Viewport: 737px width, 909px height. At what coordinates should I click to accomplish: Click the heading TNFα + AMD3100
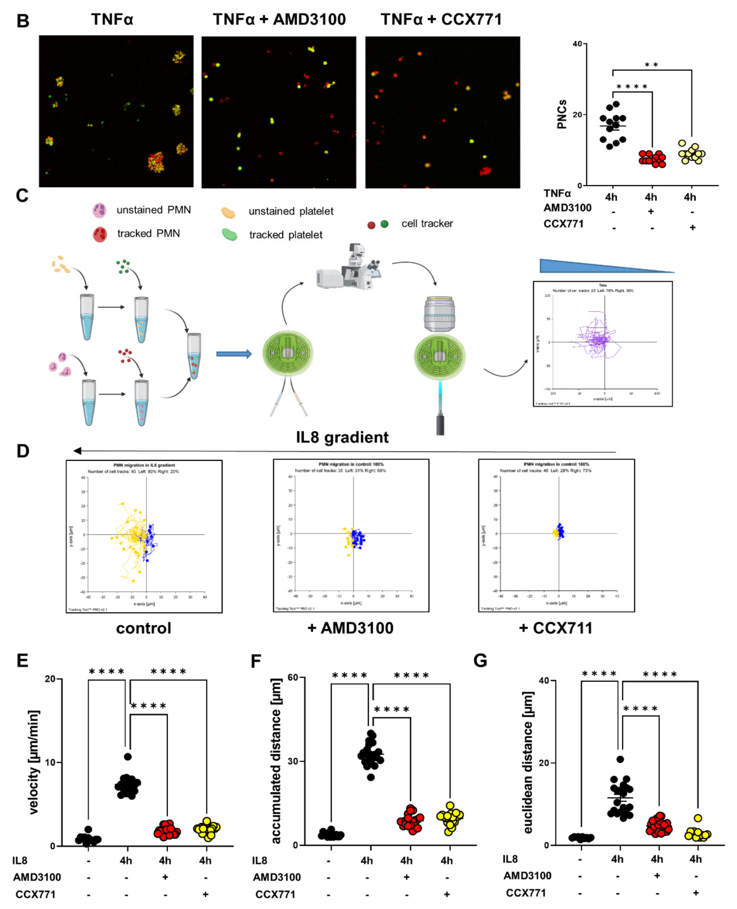coord(279,19)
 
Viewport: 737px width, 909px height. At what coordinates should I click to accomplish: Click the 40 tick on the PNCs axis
coord(577,44)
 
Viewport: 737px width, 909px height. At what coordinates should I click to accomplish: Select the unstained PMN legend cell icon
coord(99,210)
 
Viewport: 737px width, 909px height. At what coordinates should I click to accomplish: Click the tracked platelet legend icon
coord(230,234)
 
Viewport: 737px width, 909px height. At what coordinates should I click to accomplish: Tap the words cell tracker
coord(427,223)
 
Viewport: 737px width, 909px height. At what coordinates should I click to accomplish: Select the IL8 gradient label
coord(342,437)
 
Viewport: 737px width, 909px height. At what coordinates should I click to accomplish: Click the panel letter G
coord(480,660)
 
